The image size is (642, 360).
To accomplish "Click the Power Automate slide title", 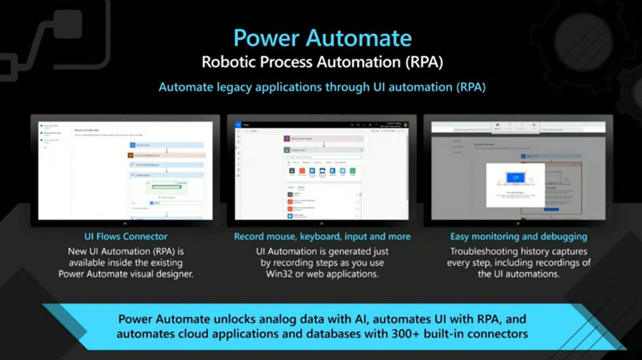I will pos(323,39).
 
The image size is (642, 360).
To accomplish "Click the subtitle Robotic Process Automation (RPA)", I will pos(323,62).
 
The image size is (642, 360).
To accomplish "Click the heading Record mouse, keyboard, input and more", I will pos(323,236).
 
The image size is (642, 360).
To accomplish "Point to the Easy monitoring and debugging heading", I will pos(518,236).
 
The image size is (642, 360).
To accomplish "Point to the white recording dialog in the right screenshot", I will pos(515,185).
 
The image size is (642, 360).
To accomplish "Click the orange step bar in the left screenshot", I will pos(166,155).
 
